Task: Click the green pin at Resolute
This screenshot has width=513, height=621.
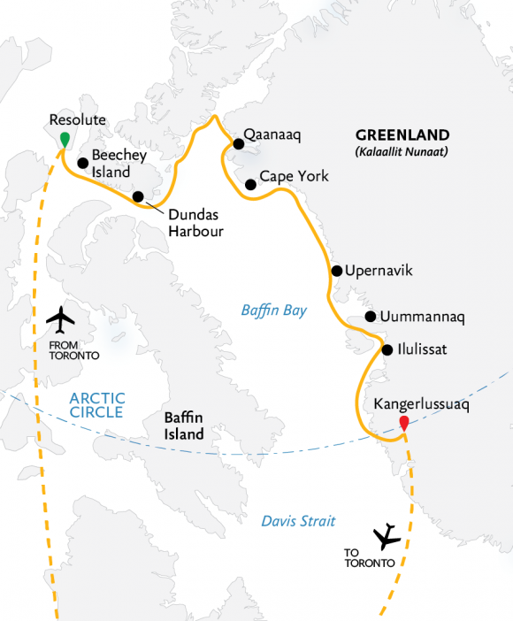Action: (x=64, y=138)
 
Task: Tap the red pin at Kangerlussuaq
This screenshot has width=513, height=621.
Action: (x=403, y=422)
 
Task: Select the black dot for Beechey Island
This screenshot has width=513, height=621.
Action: (x=82, y=163)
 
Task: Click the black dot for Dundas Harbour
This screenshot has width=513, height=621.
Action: (x=138, y=196)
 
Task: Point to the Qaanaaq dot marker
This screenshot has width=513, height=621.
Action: (x=238, y=143)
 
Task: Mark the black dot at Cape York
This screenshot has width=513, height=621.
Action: (x=251, y=185)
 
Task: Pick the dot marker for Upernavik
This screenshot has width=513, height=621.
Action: (x=336, y=271)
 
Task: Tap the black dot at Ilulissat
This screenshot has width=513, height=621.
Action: (x=387, y=349)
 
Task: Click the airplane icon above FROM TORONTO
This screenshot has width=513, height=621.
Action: (x=61, y=318)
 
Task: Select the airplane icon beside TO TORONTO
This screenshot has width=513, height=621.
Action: (x=387, y=536)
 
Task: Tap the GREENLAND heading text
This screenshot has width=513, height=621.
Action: (x=402, y=135)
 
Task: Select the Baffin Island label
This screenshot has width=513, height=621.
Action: (x=183, y=425)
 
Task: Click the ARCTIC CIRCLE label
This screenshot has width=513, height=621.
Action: (x=97, y=405)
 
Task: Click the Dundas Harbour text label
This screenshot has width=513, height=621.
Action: (x=194, y=223)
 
